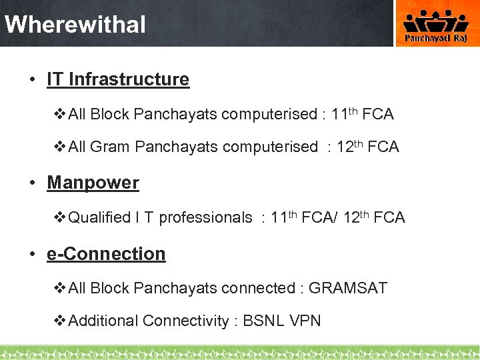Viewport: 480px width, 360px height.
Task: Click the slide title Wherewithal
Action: click(75, 25)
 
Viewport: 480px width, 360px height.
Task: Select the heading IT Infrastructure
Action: click(118, 79)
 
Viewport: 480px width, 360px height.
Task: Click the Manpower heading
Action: click(93, 183)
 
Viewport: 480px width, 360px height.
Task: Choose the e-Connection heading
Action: click(106, 254)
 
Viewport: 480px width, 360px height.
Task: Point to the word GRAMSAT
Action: click(347, 288)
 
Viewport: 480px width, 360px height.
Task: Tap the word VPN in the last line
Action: click(305, 321)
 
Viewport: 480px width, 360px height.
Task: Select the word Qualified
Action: click(100, 217)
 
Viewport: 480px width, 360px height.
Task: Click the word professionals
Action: click(205, 217)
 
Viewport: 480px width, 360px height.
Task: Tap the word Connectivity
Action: click(185, 321)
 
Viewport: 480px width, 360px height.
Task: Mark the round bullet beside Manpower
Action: click(32, 183)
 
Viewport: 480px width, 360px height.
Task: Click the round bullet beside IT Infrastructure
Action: click(32, 80)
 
